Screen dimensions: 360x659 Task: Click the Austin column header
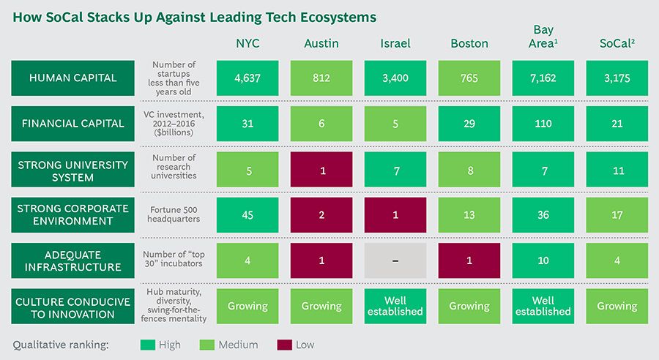pos(321,43)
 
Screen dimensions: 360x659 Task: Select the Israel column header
pos(395,43)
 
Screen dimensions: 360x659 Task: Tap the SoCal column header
pos(617,43)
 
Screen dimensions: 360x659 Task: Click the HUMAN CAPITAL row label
pos(72,78)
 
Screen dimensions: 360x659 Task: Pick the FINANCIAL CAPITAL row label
pos(72,123)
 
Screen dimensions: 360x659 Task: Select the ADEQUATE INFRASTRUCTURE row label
pos(72,260)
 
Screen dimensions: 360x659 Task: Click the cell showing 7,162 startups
pos(543,78)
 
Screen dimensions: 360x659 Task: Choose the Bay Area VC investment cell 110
pos(543,124)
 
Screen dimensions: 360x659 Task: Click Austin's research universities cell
pos(321,170)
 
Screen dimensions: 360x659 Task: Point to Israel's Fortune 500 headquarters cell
pos(395,215)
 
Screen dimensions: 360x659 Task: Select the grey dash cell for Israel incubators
pos(395,260)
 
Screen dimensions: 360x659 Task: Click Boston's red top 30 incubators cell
pos(469,260)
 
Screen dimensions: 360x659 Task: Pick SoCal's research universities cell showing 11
pos(617,170)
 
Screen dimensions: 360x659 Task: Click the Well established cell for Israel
pos(395,305)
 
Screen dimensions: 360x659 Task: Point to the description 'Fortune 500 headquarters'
pos(174,215)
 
